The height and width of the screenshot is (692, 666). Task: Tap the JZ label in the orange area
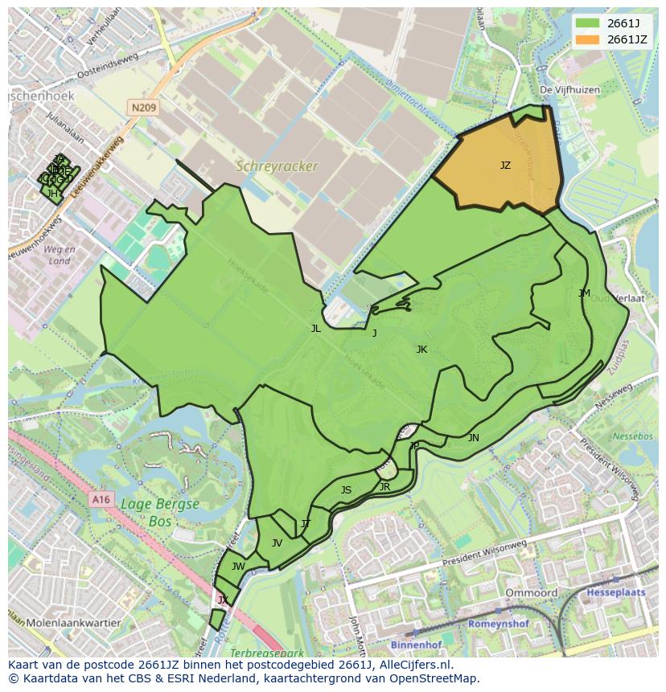(505, 166)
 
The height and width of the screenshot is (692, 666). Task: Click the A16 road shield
(100, 500)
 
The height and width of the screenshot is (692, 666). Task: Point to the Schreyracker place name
(276, 166)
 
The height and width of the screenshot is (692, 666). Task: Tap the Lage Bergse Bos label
(160, 512)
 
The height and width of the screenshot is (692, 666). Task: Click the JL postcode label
(316, 328)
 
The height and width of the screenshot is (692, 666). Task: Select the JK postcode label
(421, 349)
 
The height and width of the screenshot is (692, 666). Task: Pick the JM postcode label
(584, 293)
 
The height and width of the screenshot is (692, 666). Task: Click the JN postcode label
(474, 437)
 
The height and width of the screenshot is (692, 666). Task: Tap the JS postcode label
(346, 489)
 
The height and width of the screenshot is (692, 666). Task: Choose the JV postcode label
(277, 543)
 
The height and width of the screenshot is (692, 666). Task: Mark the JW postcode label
(238, 566)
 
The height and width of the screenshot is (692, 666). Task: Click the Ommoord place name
(531, 593)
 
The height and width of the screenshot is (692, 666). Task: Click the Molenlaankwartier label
(73, 623)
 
